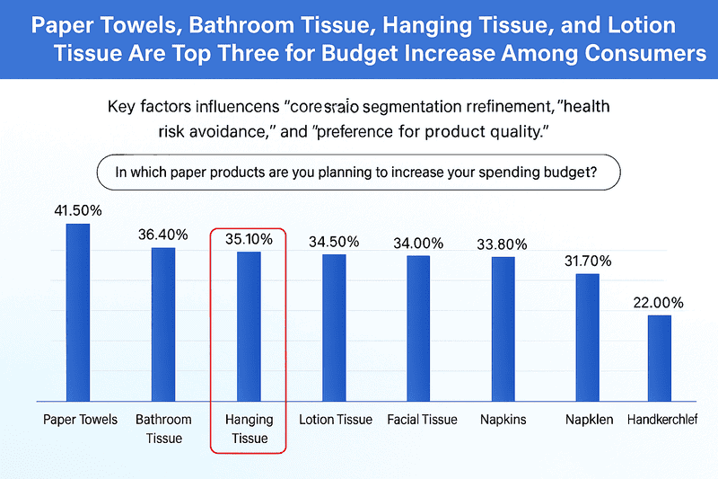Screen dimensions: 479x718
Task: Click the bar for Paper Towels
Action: pos(78,312)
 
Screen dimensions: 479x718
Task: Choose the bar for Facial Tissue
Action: pos(418,328)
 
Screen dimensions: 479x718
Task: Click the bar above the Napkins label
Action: pos(503,329)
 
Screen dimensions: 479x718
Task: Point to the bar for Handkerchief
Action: pos(660,358)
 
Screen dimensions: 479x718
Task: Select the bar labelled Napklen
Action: pos(587,337)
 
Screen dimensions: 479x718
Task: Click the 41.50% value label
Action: pos(78,210)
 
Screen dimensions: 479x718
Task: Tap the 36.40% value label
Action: pos(162,235)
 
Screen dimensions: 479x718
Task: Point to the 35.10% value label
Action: pos(249,239)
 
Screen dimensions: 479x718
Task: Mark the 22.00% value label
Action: pos(660,303)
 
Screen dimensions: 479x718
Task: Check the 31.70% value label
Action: pos(587,262)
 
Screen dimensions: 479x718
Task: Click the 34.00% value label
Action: pos(418,243)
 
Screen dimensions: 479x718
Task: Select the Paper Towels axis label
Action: pos(80,420)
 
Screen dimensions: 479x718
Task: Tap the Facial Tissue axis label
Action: pos(422,420)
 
